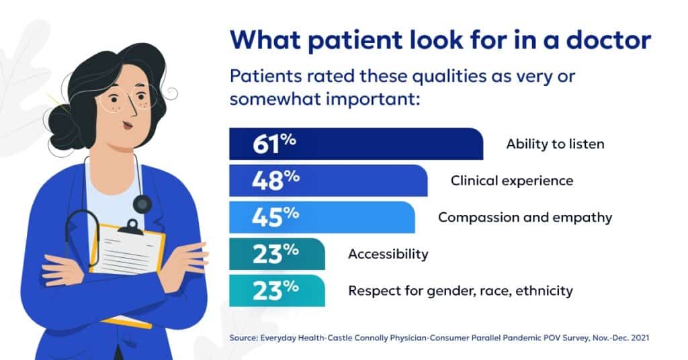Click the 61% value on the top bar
click(x=275, y=144)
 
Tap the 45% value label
click(x=275, y=217)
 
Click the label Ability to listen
click(x=555, y=144)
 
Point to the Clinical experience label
click(x=511, y=181)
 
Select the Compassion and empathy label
click(x=525, y=217)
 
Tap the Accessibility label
click(x=388, y=254)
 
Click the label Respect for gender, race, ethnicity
click(x=460, y=291)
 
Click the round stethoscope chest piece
click(x=142, y=204)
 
